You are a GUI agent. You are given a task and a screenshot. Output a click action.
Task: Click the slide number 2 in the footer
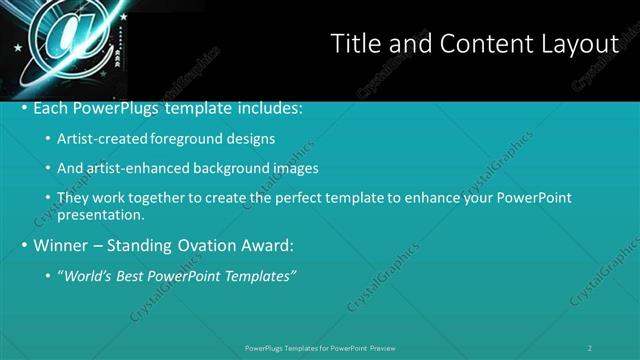coord(590,347)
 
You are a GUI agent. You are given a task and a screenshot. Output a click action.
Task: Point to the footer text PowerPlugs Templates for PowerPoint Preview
coord(320,347)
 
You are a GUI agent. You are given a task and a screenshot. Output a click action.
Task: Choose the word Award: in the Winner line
coord(263,244)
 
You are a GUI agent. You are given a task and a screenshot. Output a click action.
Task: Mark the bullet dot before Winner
coord(24,244)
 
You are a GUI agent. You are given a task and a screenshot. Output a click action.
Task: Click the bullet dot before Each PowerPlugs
coord(24,107)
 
